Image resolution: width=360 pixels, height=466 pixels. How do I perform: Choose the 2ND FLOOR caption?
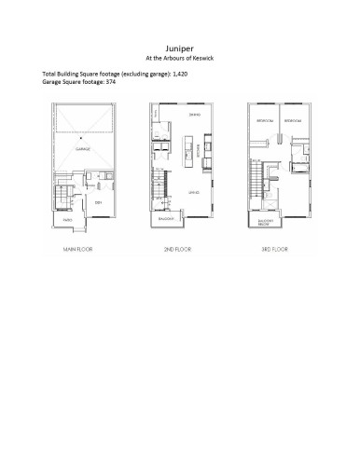[x=171, y=251]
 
